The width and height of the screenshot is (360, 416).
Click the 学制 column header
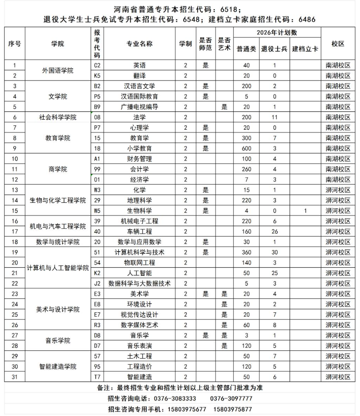click(x=185, y=44)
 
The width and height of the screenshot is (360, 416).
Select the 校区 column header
click(x=338, y=44)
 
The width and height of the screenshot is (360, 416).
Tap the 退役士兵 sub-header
click(x=274, y=49)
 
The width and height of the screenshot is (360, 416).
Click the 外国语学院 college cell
click(x=57, y=70)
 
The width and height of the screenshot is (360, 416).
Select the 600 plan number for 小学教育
click(x=246, y=148)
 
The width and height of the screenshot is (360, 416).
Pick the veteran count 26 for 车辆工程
click(x=274, y=231)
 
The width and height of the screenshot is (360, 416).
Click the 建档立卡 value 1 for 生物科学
click(x=305, y=211)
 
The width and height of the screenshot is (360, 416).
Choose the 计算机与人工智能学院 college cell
click(x=57, y=268)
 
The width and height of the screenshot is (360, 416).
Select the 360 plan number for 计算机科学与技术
click(x=246, y=252)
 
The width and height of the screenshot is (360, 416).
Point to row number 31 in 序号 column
click(x=15, y=377)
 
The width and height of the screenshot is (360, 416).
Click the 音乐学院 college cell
click(x=57, y=340)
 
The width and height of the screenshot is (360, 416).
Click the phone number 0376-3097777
click(x=231, y=399)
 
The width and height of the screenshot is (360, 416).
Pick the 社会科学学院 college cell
click(x=57, y=117)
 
